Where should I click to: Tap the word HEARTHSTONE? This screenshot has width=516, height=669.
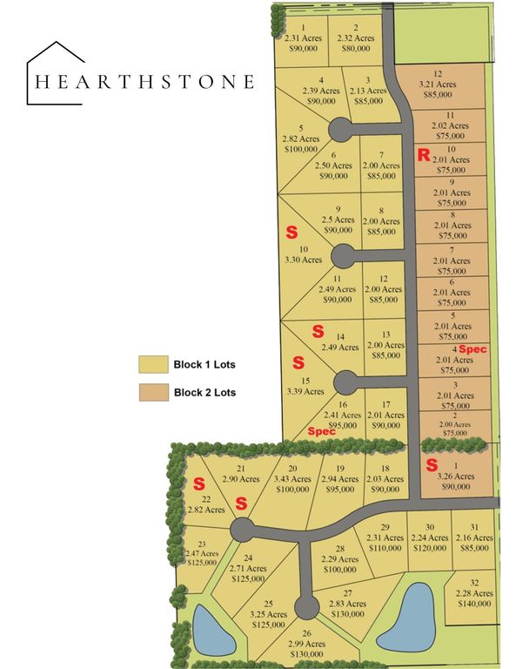tap(144, 82)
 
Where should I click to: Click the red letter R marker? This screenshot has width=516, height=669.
tap(424, 156)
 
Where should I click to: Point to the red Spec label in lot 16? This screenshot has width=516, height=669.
tap(322, 431)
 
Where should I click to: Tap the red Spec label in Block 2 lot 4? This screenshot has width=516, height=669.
tap(475, 348)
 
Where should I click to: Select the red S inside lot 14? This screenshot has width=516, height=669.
tap(318, 331)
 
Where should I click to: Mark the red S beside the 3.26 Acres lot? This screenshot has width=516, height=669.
tap(431, 465)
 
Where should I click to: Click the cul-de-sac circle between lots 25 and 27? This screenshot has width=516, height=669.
tap(305, 605)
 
